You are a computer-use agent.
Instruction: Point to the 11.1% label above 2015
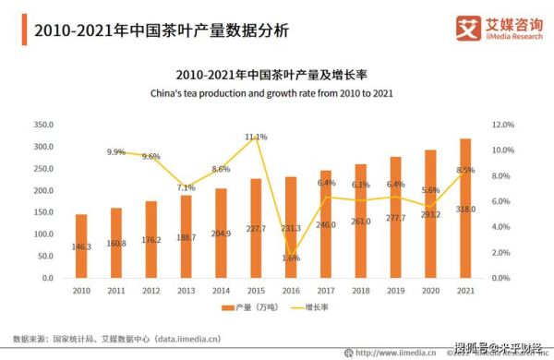(x=256, y=138)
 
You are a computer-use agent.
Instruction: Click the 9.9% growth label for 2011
(x=115, y=152)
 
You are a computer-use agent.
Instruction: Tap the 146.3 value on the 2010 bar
(x=81, y=246)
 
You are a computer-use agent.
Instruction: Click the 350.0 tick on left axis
(x=43, y=125)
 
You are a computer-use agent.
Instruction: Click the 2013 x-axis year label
(x=187, y=290)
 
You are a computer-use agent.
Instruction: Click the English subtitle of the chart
(x=278, y=94)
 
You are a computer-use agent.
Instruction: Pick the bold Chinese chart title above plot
(x=278, y=74)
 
